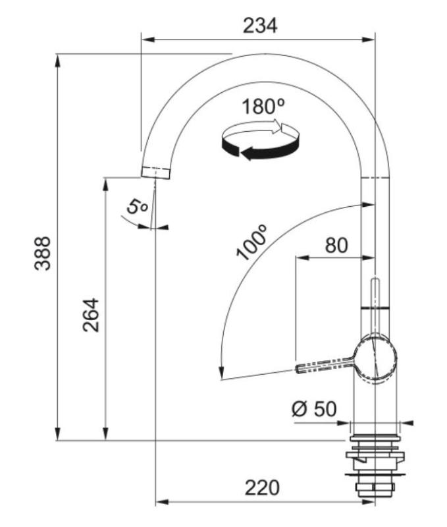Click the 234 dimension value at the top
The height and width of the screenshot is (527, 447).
tap(260, 26)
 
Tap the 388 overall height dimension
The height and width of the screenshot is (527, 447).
tap(43, 254)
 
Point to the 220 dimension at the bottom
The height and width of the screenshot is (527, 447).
tap(262, 487)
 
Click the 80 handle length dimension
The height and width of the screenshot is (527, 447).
tap(336, 244)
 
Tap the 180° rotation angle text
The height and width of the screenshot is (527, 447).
tap(262, 107)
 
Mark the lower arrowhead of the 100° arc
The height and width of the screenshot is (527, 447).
tap(222, 375)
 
